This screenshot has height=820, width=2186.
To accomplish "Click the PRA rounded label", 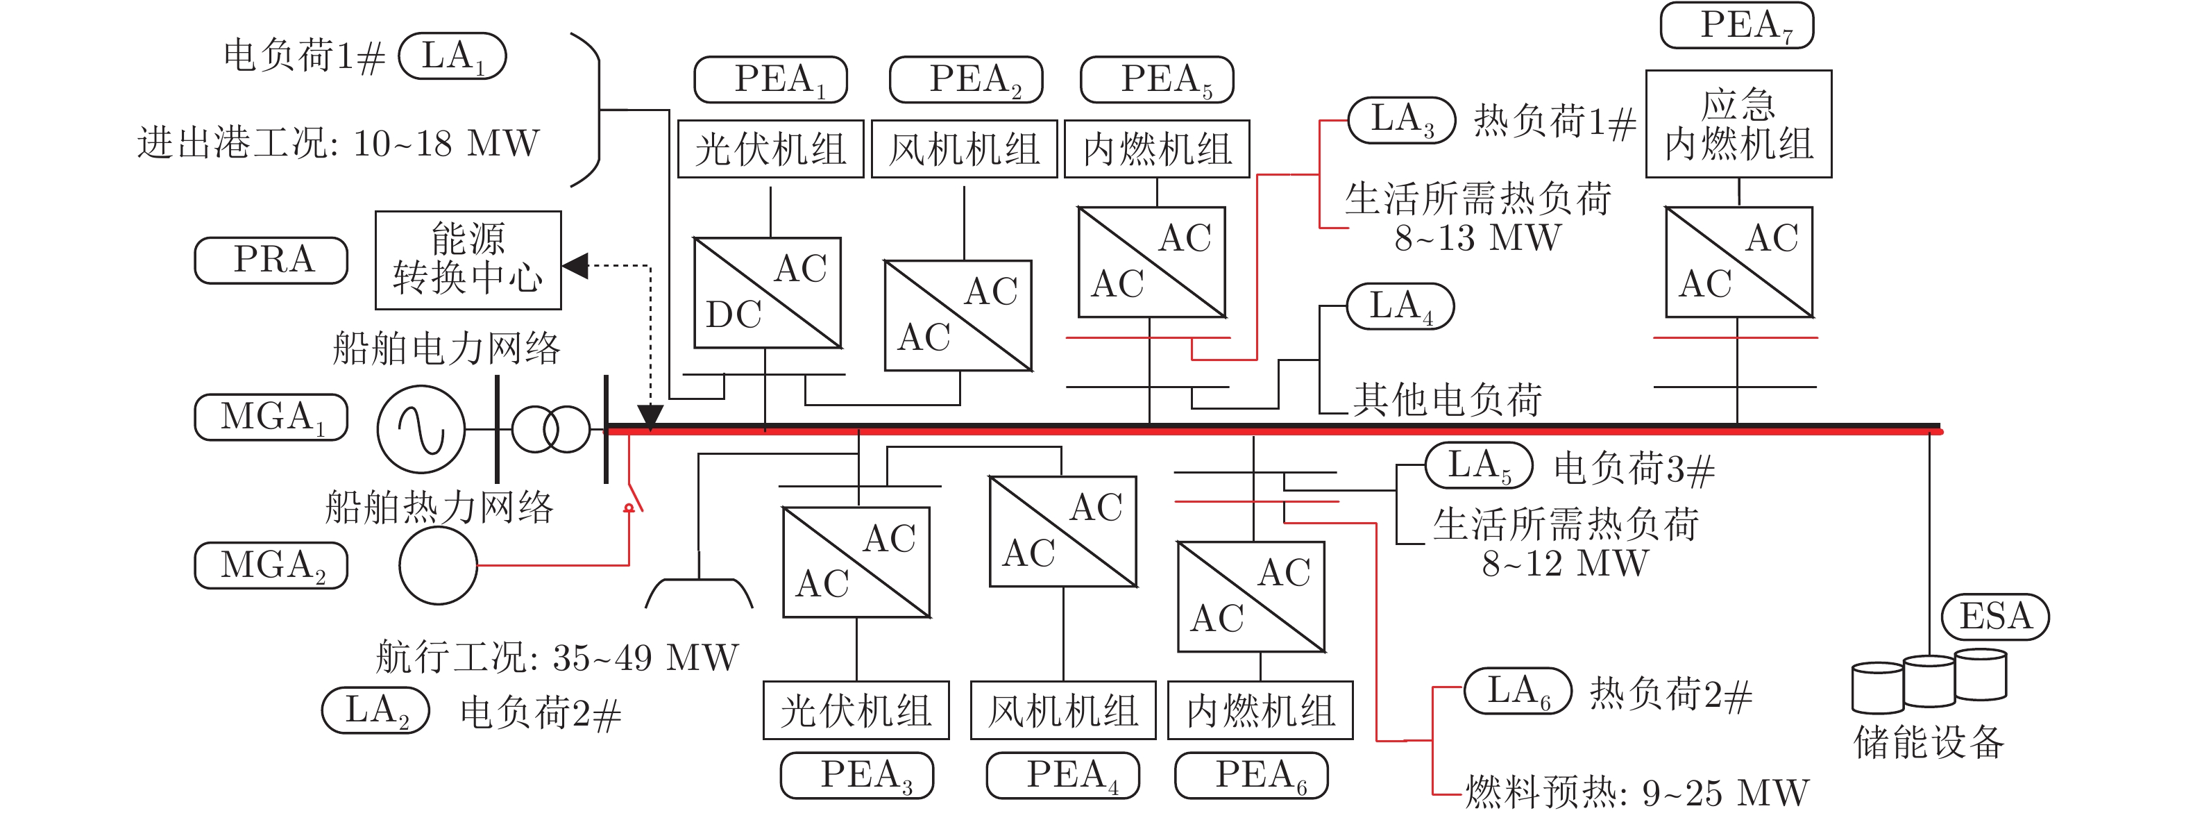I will tap(271, 260).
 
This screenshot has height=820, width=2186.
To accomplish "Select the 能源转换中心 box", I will tap(468, 260).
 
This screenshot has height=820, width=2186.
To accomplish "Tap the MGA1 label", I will tap(271, 417).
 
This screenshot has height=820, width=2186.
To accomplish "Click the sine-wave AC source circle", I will tap(421, 428).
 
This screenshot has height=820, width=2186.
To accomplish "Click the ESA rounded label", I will tap(1995, 617).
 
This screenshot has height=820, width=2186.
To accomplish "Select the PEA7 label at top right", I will tap(1736, 26).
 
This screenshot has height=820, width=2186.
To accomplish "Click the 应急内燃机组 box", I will tap(1738, 124).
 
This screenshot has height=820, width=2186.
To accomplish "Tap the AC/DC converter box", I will tap(767, 293).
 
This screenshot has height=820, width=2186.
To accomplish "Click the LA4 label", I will tap(1400, 306).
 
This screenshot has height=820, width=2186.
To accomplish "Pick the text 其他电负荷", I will tap(1447, 400).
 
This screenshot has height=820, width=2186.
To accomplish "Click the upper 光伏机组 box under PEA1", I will tap(770, 149).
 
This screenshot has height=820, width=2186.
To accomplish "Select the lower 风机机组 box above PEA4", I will tap(1062, 710).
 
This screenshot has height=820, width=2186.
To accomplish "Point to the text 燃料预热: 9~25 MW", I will tap(1636, 793).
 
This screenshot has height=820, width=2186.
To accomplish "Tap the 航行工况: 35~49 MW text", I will tap(557, 658).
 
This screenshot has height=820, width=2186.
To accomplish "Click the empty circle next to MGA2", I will tap(438, 565).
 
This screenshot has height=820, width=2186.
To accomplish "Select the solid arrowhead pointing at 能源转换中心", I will tap(576, 266).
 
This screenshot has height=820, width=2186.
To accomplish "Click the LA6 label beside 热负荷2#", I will tap(1517, 691).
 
